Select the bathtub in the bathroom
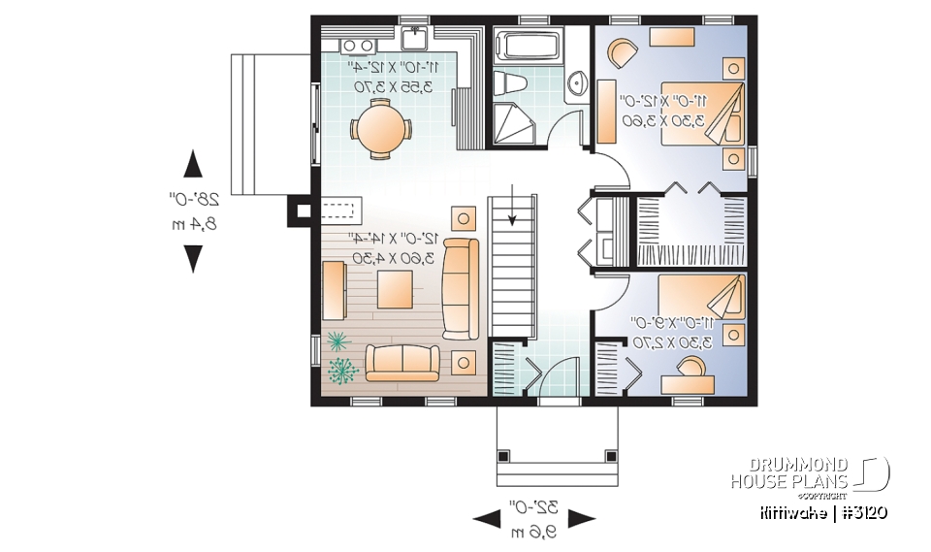point(528,47)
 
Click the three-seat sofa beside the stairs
point(460,288)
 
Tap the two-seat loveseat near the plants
point(401,362)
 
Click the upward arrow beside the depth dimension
point(193,163)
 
